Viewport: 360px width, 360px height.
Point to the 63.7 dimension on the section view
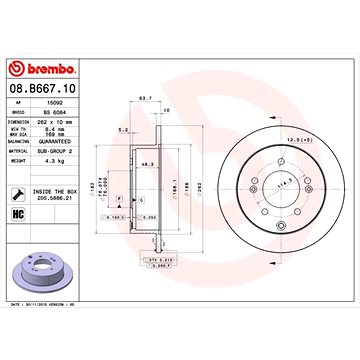tap(144, 98)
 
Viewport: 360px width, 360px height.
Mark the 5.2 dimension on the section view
tap(120, 129)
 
